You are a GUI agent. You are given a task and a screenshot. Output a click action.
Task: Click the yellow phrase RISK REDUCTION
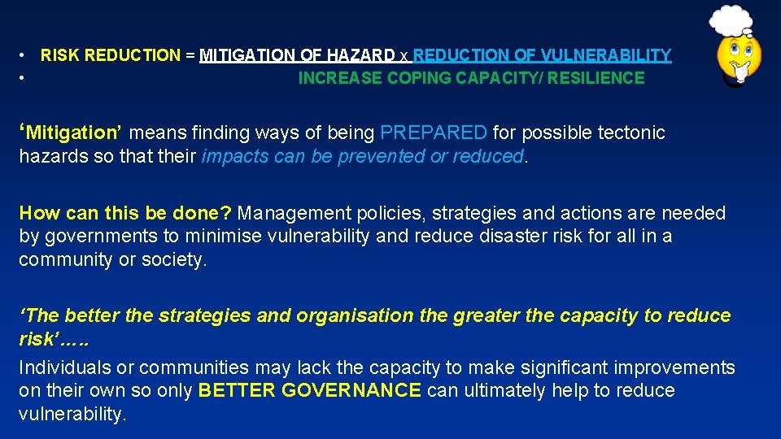pos(111,56)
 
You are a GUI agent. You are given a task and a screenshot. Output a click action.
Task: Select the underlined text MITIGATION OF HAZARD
pos(297,56)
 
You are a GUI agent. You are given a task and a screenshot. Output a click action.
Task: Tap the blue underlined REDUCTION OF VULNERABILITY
pos(542,56)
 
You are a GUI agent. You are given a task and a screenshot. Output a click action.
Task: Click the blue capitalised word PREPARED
pos(434,133)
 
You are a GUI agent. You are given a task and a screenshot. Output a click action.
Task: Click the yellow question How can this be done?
pos(125,214)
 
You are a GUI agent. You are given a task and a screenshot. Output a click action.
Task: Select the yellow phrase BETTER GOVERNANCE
pos(310,391)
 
